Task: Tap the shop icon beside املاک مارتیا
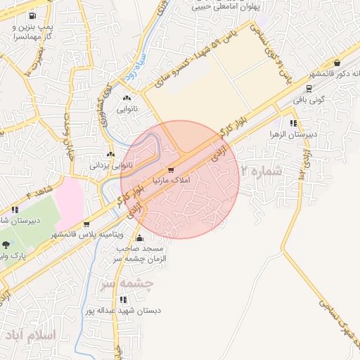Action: click(x=170, y=170)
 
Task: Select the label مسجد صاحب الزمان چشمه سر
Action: click(x=146, y=254)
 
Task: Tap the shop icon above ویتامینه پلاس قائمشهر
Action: click(x=86, y=224)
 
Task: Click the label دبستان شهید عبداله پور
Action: click(x=115, y=309)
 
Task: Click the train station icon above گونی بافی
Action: click(x=309, y=89)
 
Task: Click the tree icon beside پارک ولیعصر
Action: click(x=6, y=245)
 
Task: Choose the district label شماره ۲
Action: click(x=261, y=171)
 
